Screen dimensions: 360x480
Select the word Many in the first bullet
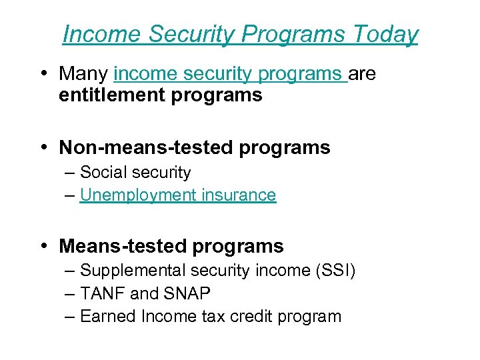(x=84, y=73)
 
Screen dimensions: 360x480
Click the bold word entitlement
(x=112, y=95)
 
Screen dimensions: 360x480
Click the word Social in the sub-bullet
(x=101, y=172)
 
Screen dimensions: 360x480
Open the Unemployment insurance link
(x=177, y=195)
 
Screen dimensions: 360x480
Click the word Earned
(x=107, y=316)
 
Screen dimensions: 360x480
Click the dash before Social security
(x=71, y=172)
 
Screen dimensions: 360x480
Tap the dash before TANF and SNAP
(x=71, y=293)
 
